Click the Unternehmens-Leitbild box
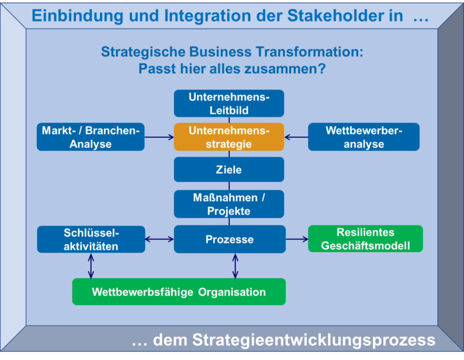229,104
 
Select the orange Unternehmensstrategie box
229,137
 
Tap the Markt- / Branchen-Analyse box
91,137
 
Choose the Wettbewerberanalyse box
364,137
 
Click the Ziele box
229,169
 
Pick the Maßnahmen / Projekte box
229,204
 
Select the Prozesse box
230,239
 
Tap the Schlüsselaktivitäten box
91,239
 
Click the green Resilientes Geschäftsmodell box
366,239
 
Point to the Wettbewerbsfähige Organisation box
179,292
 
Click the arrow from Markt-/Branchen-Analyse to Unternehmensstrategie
159,137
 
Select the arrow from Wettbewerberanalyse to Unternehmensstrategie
296,137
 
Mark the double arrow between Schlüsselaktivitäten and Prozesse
159,239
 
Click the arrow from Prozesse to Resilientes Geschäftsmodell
297,239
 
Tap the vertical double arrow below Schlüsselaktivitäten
91,266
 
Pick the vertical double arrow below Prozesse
235,266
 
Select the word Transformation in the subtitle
309,52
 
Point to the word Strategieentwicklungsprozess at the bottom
314,340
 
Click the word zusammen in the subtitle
285,69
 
